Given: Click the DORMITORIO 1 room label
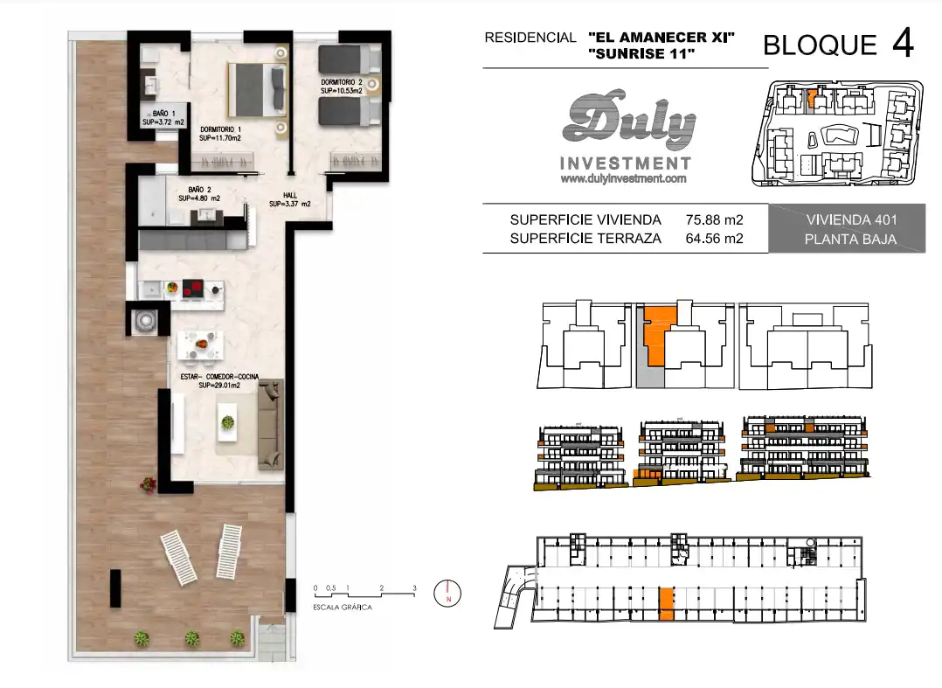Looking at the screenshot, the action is pyautogui.click(x=220, y=129).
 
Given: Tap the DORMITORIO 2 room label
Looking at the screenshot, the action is pyautogui.click(x=342, y=82).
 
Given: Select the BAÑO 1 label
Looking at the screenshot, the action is pyautogui.click(x=163, y=113).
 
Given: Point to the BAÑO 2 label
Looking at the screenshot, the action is pyautogui.click(x=199, y=190).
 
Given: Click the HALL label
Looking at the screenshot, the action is pyautogui.click(x=290, y=195).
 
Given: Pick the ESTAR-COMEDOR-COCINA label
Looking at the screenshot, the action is pyautogui.click(x=220, y=377).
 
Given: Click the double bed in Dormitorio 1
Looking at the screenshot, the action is pyautogui.click(x=257, y=90).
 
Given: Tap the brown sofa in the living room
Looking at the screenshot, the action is pyautogui.click(x=270, y=424).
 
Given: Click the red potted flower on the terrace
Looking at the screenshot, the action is pyautogui.click(x=148, y=483).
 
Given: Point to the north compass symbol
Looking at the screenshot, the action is pyautogui.click(x=447, y=594).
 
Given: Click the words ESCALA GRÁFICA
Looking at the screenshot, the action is pyautogui.click(x=343, y=608).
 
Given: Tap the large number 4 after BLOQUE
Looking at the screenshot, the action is pyautogui.click(x=903, y=43).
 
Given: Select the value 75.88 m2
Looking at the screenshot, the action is pyautogui.click(x=714, y=220).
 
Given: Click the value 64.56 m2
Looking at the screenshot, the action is pyautogui.click(x=714, y=239).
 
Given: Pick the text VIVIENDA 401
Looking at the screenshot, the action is pyautogui.click(x=851, y=220).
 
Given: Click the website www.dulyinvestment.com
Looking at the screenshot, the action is pyautogui.click(x=623, y=178).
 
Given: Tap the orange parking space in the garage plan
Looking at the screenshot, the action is pyautogui.click(x=666, y=604).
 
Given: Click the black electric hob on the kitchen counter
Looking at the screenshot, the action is pyautogui.click(x=193, y=289).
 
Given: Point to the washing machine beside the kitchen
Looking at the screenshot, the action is pyautogui.click(x=145, y=320).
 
